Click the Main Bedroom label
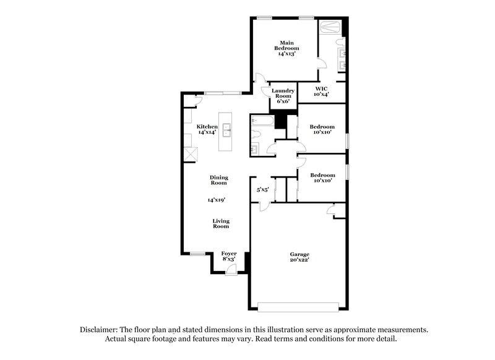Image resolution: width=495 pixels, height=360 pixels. [x=287, y=45]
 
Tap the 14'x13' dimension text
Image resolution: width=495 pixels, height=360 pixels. [x=288, y=54]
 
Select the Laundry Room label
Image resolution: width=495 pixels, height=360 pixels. [x=282, y=93]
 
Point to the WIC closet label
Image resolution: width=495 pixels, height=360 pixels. [x=321, y=88]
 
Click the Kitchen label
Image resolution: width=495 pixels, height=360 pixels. [x=207, y=126]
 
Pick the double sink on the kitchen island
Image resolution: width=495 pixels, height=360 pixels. [x=227, y=129]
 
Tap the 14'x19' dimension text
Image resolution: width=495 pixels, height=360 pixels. [x=217, y=200]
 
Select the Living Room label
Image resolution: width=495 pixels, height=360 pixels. [x=220, y=223]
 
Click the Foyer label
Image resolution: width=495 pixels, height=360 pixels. [x=229, y=254]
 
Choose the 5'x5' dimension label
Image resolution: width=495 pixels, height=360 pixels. [x=262, y=191]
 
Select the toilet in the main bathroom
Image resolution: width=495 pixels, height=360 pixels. [x=340, y=42]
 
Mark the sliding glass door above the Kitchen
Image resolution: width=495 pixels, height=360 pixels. [x=223, y=93]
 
